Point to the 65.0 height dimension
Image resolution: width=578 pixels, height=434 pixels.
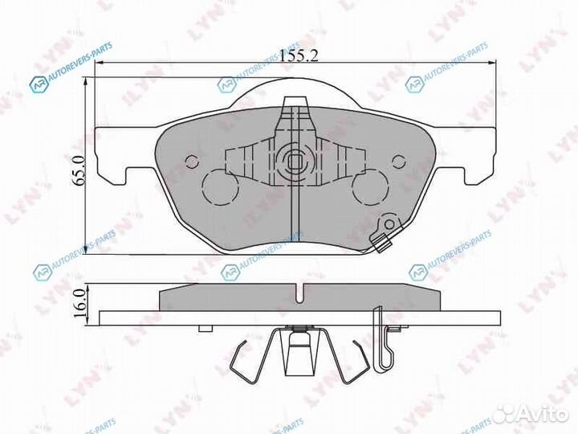[78, 173]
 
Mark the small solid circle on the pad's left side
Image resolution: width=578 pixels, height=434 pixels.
[191, 160]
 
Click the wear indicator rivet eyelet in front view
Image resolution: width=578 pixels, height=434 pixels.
[390, 224]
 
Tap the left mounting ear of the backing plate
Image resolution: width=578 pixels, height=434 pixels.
[110, 153]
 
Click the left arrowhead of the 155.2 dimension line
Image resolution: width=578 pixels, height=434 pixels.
[99, 64]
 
